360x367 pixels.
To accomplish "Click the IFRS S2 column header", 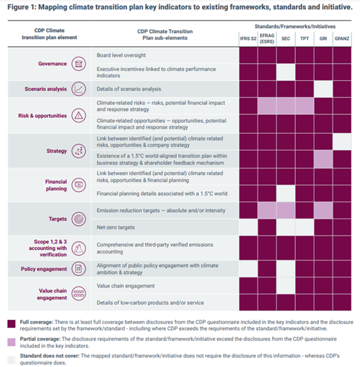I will tap(248, 38).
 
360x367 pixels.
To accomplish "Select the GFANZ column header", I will tap(341, 38).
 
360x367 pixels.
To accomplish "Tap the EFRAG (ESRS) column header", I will tap(267, 38).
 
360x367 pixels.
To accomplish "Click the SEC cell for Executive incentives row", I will tap(286, 72).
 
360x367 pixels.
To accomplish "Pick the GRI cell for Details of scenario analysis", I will tap(323, 89).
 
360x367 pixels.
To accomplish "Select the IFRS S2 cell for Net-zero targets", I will tap(248, 227).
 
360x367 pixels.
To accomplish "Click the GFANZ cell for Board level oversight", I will tap(341, 55).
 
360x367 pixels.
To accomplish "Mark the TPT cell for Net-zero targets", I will tap(304, 227).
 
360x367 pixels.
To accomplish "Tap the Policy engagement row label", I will tap(45, 269).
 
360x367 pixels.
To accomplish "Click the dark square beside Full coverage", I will tap(11, 324).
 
